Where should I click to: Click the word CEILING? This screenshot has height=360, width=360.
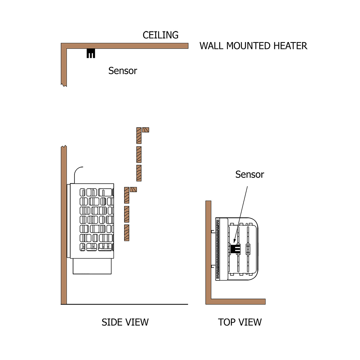tap(161, 35)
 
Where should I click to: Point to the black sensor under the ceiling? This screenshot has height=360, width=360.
tap(91, 54)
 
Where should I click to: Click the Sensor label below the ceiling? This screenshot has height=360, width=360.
tap(123, 71)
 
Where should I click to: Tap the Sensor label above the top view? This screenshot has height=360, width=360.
tap(249, 175)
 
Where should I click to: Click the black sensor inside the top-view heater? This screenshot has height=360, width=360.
tap(235, 248)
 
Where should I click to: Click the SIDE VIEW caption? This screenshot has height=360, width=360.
tap(125, 322)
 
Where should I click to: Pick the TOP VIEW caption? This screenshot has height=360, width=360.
tap(240, 322)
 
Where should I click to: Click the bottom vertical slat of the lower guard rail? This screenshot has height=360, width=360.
tap(126, 233)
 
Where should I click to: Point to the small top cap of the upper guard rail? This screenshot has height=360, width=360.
tap(145, 130)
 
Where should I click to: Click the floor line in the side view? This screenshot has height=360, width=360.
tap(126, 305)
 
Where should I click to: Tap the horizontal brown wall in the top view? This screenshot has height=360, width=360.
tap(236, 301)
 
